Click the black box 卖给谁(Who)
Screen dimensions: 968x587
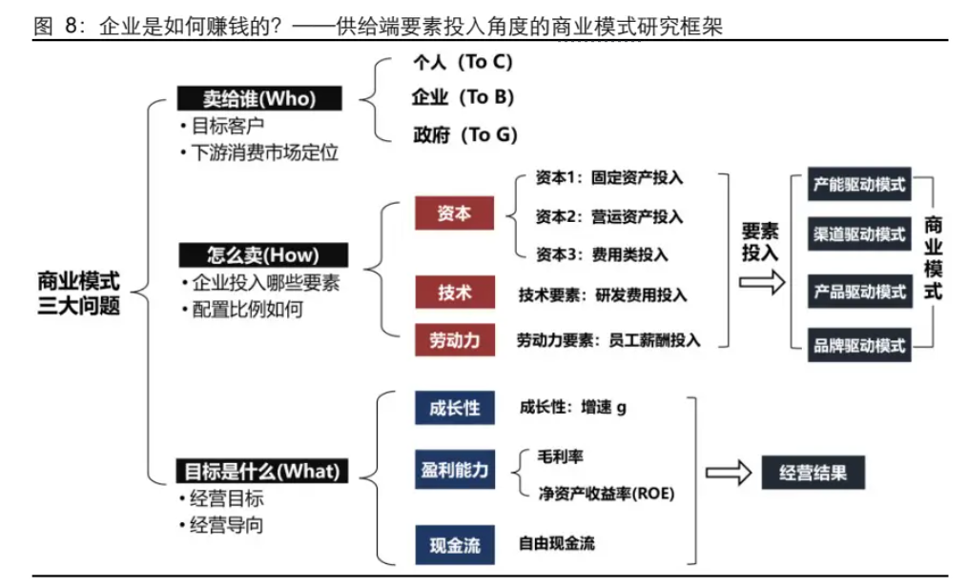[x=259, y=99]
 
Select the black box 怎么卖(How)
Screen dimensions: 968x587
[x=263, y=254]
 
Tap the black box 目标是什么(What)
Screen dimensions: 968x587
[x=261, y=471]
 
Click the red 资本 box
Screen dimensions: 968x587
[x=454, y=213]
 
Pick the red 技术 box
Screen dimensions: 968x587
[x=455, y=293]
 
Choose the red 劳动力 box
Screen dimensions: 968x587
[x=455, y=340]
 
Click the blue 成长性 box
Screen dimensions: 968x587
[x=455, y=408]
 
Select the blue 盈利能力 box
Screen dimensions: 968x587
[x=455, y=470]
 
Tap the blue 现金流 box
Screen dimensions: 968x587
[x=455, y=545]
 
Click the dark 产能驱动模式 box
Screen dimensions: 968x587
[x=859, y=184]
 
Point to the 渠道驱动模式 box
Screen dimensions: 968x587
[x=859, y=234]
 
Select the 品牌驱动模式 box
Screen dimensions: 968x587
[x=859, y=345]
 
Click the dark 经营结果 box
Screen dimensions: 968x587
[x=814, y=473]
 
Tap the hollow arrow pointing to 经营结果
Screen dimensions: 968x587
[x=729, y=473]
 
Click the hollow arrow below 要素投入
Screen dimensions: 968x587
[x=762, y=283]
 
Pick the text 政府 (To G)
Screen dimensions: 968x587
[x=464, y=135]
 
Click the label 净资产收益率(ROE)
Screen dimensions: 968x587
[x=607, y=494]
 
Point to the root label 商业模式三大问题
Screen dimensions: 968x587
[x=78, y=293]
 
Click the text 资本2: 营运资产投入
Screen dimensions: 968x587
[x=609, y=217]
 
